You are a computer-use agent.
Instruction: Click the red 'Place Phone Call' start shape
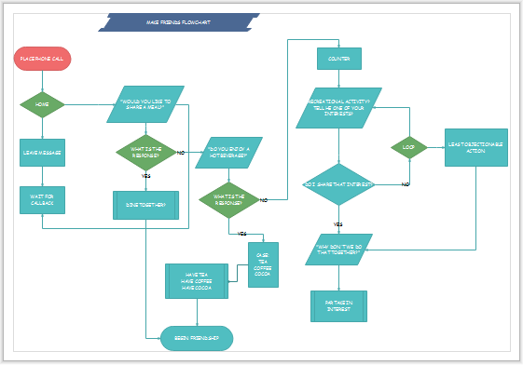point(42,60)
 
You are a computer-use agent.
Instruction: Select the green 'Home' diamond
point(42,104)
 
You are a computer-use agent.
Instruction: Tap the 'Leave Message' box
point(42,152)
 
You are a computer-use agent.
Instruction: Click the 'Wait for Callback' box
point(42,199)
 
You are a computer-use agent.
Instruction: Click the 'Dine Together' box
point(145,205)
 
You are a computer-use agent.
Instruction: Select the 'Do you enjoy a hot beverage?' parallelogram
point(228,152)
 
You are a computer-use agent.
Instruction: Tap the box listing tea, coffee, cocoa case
point(262,264)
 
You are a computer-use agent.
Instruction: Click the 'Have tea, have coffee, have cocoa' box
point(197,281)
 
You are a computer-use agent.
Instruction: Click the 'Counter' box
point(337,59)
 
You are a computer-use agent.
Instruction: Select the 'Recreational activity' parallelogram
point(339,107)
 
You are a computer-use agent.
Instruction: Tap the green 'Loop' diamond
point(408,147)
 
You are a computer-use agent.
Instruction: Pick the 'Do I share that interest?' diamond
point(339,185)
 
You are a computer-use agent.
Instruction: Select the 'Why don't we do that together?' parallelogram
point(339,250)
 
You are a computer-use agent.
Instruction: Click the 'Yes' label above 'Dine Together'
point(145,175)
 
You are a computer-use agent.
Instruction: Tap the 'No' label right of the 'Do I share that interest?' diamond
point(406,185)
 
